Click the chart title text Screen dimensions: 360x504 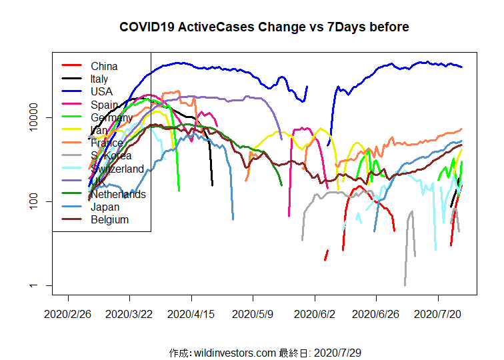click(x=264, y=27)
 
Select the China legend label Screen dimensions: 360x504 click(x=104, y=66)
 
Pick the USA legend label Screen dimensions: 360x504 click(x=102, y=91)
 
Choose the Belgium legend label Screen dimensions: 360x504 click(x=110, y=219)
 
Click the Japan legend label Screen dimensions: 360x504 click(x=105, y=207)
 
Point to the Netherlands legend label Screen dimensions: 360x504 click(x=118, y=194)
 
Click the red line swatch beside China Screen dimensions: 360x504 click(x=71, y=65)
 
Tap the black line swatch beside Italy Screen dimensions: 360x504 click(x=71, y=79)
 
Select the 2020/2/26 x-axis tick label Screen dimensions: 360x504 click(x=68, y=312)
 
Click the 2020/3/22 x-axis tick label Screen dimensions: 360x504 click(x=129, y=312)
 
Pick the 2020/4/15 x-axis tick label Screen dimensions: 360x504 click(x=191, y=312)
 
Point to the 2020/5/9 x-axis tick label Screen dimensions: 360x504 click(x=253, y=312)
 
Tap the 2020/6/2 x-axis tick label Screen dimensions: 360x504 click(x=315, y=312)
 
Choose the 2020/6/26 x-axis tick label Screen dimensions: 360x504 click(x=376, y=312)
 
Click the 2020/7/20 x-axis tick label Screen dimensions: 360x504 click(x=438, y=312)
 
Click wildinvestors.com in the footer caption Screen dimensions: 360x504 click(x=233, y=352)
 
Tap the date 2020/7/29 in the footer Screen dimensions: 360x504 click(x=337, y=352)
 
